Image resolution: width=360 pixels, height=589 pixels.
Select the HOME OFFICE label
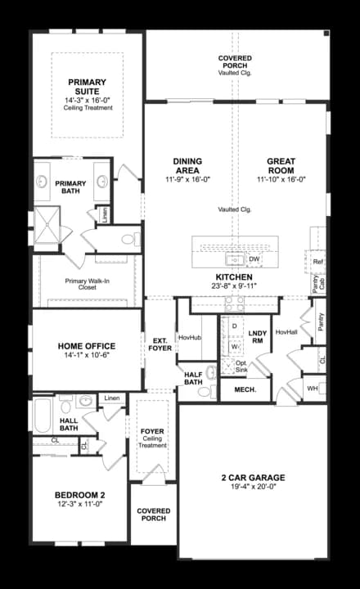(86, 346)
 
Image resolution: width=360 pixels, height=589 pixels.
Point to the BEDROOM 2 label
(80, 495)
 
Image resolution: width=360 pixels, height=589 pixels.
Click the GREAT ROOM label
(280, 165)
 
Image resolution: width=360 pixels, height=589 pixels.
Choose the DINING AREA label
(187, 165)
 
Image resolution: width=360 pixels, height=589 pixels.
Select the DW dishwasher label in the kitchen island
(254, 259)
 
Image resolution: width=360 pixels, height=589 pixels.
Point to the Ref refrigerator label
(318, 262)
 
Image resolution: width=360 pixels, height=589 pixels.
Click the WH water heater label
(312, 388)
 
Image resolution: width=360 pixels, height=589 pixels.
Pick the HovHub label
(189, 336)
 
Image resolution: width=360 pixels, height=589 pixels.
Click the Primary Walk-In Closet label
(87, 284)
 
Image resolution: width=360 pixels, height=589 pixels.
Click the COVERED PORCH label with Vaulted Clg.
(235, 63)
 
